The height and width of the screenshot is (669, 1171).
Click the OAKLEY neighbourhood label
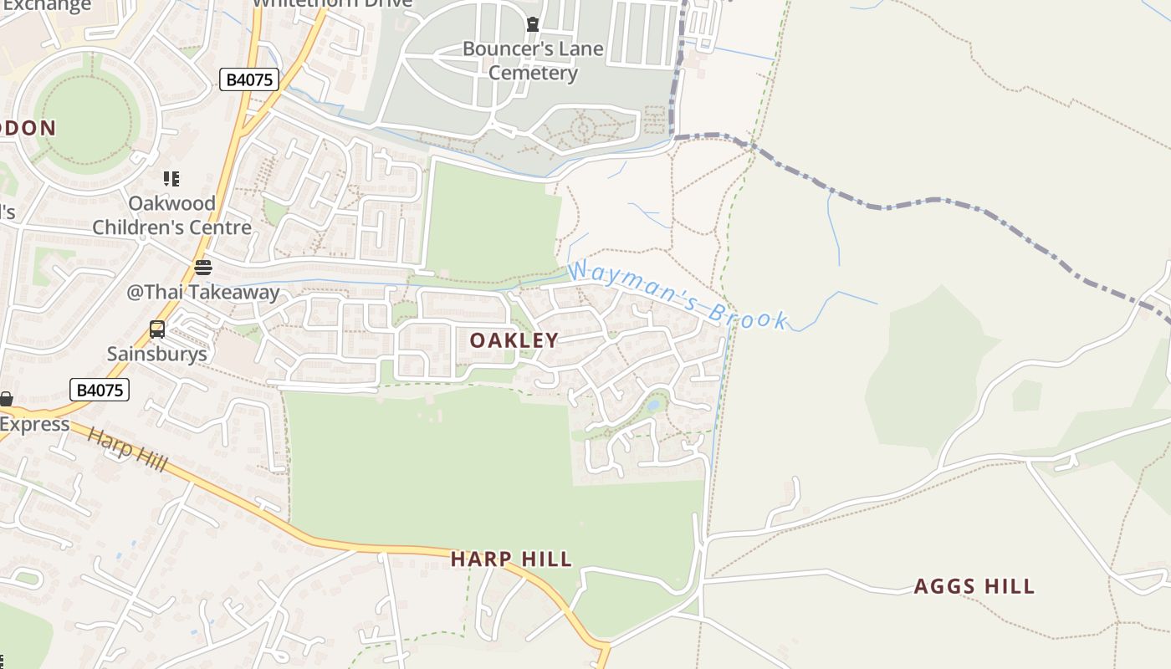point(514,340)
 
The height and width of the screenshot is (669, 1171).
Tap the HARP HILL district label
point(511,559)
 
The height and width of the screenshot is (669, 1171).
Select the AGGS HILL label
point(974,586)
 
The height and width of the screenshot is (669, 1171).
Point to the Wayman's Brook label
point(678,295)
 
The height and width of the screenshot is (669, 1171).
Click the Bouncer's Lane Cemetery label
point(533,61)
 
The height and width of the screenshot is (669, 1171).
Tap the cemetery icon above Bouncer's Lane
point(532,24)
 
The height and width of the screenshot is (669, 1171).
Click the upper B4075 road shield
point(249,79)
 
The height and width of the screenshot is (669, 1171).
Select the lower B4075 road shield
point(100,390)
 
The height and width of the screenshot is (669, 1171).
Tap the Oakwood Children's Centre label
point(171,215)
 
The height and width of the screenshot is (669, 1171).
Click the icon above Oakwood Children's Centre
point(171,178)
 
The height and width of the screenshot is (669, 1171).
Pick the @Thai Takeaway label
point(202,292)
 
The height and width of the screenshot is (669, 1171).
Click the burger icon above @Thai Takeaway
point(202,268)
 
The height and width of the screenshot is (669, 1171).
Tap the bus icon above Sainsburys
point(156,329)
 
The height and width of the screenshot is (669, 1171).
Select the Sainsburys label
point(156,354)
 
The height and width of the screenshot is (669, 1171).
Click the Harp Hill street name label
point(127,449)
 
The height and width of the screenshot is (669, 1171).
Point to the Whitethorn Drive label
point(332,3)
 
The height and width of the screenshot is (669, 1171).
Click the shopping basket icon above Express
point(6,399)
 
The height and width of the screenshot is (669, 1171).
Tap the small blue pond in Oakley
point(653,406)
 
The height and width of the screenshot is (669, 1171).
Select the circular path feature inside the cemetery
point(583,129)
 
